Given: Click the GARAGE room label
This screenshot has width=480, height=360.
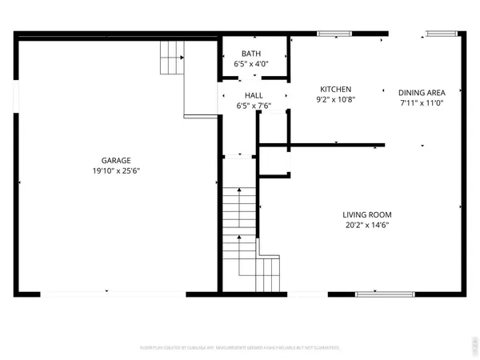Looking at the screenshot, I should coord(116,160).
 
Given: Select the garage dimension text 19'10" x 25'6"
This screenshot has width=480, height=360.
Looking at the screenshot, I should coord(116,170).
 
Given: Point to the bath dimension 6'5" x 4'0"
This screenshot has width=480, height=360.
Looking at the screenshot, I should coord(250,63).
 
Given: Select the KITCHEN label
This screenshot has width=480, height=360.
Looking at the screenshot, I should coord(336,89).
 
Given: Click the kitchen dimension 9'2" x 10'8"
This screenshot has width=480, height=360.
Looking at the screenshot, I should coord(336,100).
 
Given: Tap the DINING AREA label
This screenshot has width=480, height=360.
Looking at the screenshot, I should coord(422,91).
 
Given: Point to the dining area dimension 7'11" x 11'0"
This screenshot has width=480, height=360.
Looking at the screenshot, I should coord(422,102).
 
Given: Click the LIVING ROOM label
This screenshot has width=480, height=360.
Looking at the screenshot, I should coord(367,214).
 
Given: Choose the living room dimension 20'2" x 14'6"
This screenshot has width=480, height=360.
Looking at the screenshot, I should coord(367,225).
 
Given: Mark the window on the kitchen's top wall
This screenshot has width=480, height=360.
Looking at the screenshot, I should coord(329,33).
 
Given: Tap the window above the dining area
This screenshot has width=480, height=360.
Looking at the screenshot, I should coord(437,33).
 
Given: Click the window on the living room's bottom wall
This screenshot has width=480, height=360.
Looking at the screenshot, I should coord(380,294).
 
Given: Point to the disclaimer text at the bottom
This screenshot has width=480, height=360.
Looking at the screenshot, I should coord(240,348).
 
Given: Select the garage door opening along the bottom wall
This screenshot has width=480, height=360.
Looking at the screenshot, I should coord(104,294).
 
